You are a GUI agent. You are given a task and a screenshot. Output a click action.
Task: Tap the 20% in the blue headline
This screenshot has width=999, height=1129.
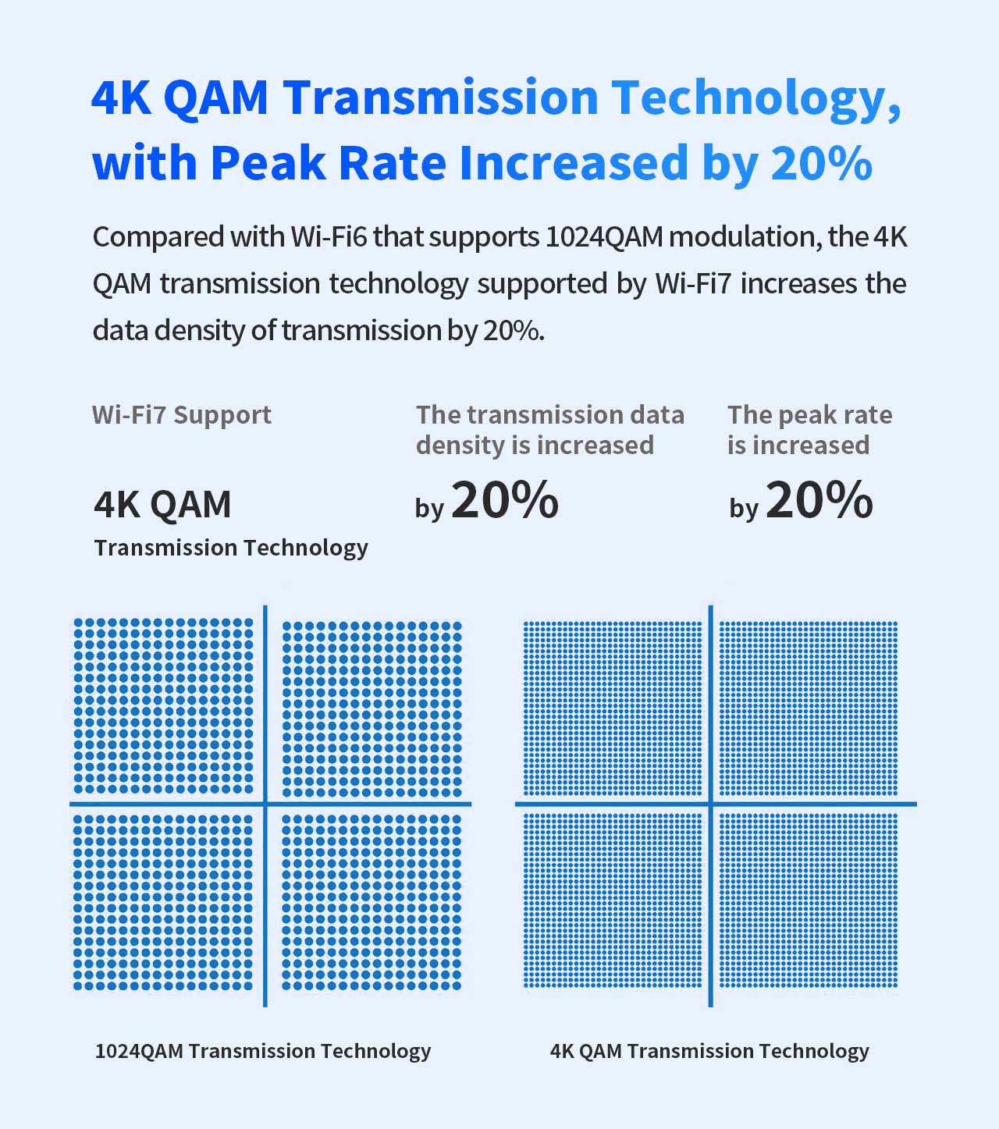(821, 163)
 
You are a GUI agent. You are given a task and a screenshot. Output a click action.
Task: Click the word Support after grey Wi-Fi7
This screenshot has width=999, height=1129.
(222, 414)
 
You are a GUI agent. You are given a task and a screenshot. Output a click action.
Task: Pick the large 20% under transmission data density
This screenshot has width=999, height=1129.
(505, 500)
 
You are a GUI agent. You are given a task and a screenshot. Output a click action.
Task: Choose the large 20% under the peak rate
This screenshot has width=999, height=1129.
(819, 500)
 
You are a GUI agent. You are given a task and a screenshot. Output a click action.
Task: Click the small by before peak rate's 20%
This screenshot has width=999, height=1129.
(744, 509)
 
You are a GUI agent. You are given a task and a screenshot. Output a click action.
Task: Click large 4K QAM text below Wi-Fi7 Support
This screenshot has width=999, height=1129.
(162, 504)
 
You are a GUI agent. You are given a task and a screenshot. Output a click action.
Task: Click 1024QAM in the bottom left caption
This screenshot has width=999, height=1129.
(139, 1051)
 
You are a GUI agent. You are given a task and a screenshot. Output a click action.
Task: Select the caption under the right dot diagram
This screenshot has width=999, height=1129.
(709, 1051)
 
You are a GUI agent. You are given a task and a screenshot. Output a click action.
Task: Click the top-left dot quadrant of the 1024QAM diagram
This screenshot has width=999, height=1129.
(163, 706)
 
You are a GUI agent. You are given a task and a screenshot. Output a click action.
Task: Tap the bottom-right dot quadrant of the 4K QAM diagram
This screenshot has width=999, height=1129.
(808, 901)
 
